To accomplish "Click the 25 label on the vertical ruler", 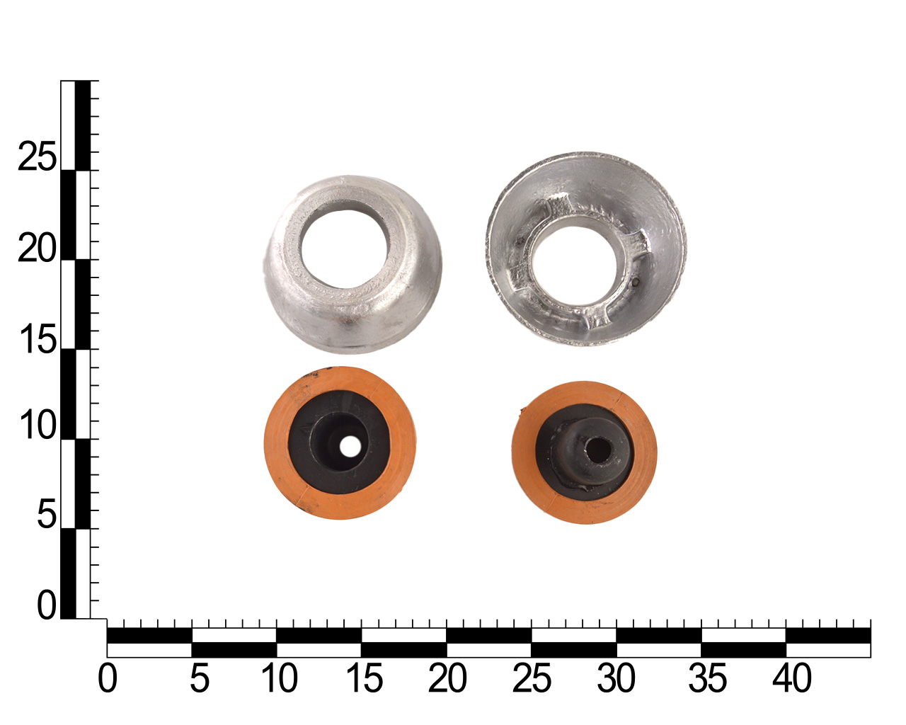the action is coord(37,156).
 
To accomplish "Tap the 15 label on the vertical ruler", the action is coord(38,339).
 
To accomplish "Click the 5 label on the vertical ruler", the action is coord(47,514).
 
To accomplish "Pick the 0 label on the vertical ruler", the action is coord(47,605).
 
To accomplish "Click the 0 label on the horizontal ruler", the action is coord(108,678).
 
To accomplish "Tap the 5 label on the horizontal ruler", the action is coord(200,678).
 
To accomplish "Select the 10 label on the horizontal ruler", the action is coord(279,678).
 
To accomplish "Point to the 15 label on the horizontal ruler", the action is coord(365,678).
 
